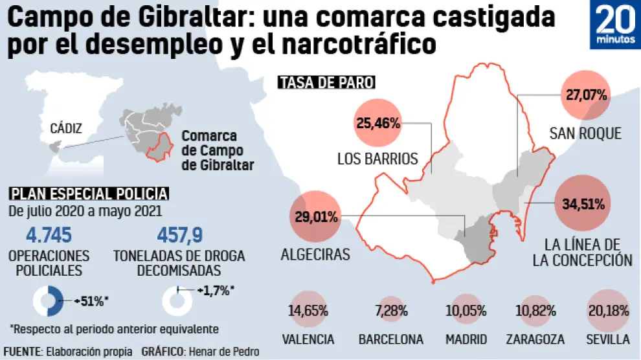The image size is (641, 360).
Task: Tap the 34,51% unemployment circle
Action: coord(583,205)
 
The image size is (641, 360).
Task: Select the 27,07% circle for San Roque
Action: coord(586,96)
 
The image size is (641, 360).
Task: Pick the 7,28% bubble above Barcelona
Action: coord(391,310)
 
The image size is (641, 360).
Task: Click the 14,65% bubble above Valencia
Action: coord(308,310)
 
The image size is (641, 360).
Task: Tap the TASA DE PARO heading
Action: coord(327,83)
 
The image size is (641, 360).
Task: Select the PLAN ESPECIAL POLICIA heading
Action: coord(89,194)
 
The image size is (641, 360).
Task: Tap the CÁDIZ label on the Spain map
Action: coord(66,128)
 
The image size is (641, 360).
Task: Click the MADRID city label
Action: coord(466,339)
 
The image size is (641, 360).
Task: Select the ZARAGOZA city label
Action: coord(535,339)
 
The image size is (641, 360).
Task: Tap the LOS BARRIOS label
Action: coord(377,158)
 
